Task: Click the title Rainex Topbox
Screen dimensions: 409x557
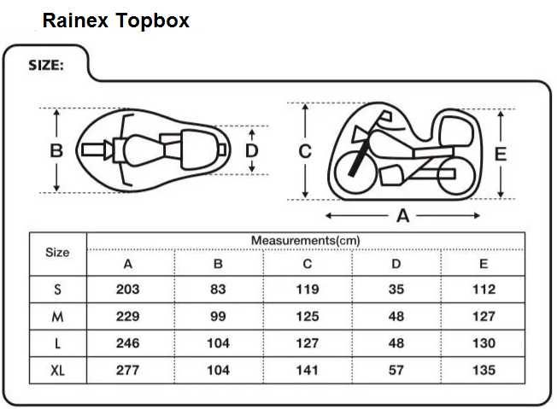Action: tap(116, 20)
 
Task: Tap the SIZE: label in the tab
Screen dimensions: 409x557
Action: tap(46, 65)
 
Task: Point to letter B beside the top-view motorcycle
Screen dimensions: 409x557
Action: tap(56, 150)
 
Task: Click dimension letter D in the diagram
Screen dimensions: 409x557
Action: tap(252, 150)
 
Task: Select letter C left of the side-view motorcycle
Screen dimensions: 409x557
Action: tap(305, 151)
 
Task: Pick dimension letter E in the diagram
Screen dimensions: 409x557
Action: tap(501, 154)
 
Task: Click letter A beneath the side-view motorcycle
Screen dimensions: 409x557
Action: tap(403, 216)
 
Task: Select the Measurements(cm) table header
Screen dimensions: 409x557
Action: tap(305, 241)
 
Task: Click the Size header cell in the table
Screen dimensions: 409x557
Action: tap(57, 253)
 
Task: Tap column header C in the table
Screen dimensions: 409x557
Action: tap(307, 264)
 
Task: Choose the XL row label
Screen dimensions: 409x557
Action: tap(57, 371)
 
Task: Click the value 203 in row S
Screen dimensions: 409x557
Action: tap(128, 289)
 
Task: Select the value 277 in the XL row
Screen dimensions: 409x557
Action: tap(128, 371)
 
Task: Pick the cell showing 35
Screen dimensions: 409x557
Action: tap(396, 289)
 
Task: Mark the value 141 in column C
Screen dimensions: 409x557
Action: tap(307, 371)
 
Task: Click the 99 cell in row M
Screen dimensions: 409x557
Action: tap(218, 316)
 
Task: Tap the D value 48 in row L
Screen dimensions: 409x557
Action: tap(396, 343)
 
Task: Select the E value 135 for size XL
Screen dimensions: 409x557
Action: tap(484, 371)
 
